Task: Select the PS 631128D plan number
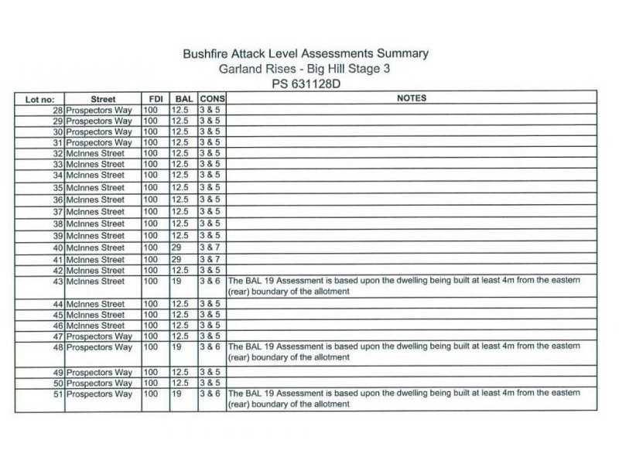tap(306, 84)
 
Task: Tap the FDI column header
tap(155, 99)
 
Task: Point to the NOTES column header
tap(412, 98)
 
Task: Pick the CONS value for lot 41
tap(210, 260)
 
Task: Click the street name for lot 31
tap(99, 143)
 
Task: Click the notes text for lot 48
tap(403, 352)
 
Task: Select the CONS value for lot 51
tap(210, 394)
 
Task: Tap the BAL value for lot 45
tap(180, 315)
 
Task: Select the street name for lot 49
tap(99, 373)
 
